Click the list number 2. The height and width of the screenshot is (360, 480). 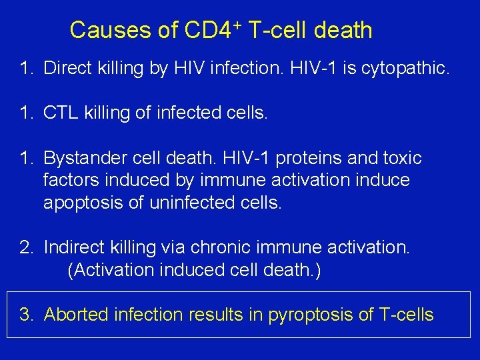click(26, 248)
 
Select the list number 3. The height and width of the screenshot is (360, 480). click(26, 315)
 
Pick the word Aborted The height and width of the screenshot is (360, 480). click(77, 315)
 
